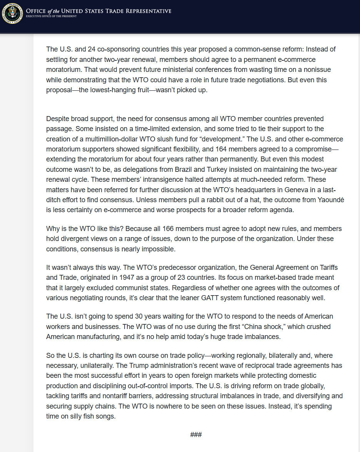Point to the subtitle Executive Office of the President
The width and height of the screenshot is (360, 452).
pos(51,16)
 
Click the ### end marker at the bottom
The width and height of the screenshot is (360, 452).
pos(196,435)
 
